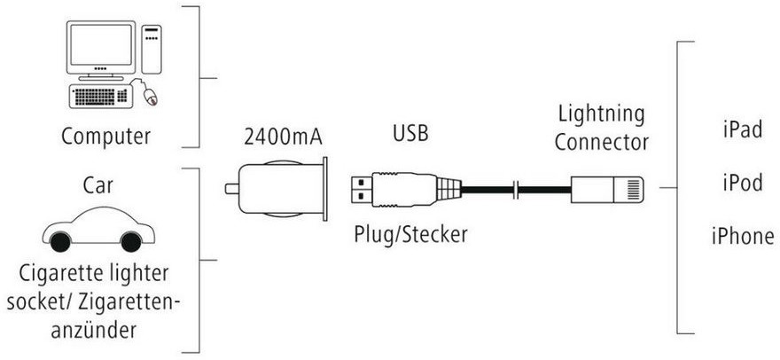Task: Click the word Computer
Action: (105, 137)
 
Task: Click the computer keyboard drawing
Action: (99, 96)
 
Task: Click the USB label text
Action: (409, 135)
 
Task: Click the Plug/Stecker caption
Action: (409, 235)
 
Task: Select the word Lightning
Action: (602, 114)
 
